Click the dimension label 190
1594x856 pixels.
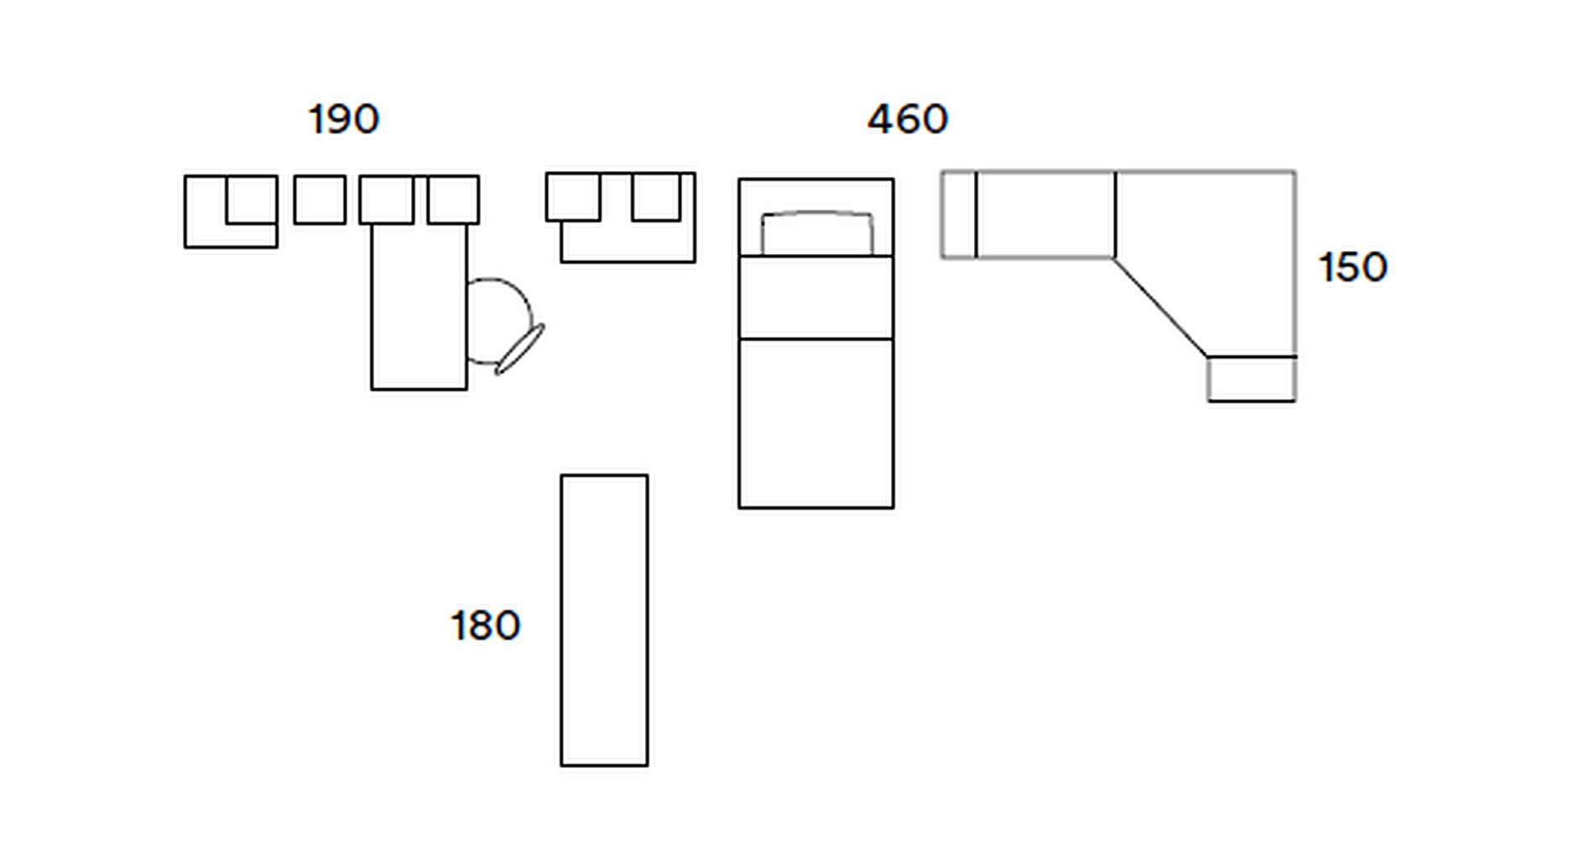[344, 119]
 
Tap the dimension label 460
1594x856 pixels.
[908, 119]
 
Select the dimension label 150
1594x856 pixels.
[1352, 267]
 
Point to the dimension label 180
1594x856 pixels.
[485, 625]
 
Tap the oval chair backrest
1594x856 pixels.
[520, 349]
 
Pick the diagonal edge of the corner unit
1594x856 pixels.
[1160, 307]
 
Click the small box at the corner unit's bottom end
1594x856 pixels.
[1252, 379]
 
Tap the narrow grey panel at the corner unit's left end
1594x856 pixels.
[959, 215]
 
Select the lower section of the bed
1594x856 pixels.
[816, 423]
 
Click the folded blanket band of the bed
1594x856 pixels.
[816, 298]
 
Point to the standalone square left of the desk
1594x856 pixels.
[320, 200]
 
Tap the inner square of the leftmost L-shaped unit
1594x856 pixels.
[252, 200]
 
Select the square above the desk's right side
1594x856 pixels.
[453, 200]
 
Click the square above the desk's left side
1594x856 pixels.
[387, 200]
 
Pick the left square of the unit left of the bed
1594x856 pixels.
[574, 197]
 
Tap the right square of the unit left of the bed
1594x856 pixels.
[656, 197]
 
